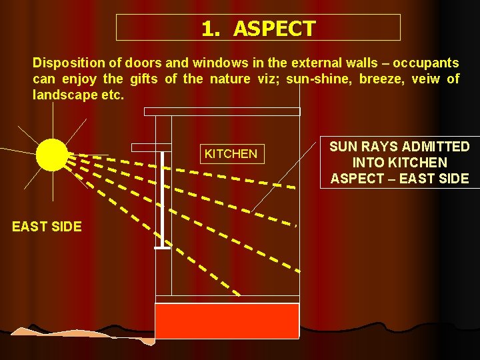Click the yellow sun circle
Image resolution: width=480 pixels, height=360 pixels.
coord(51,155)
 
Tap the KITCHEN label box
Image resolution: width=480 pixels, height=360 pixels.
coord(231,154)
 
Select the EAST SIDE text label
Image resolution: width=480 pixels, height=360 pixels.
coord(47,227)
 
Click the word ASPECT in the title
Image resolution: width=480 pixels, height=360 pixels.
coord(274,29)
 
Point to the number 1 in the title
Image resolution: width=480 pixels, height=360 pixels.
coord(209,29)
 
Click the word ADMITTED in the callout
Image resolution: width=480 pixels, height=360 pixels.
coord(437,147)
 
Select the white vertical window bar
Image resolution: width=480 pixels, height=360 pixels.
coord(162,200)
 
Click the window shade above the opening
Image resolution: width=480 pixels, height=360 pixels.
coord(151,147)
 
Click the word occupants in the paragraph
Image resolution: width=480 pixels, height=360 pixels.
coord(426,63)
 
